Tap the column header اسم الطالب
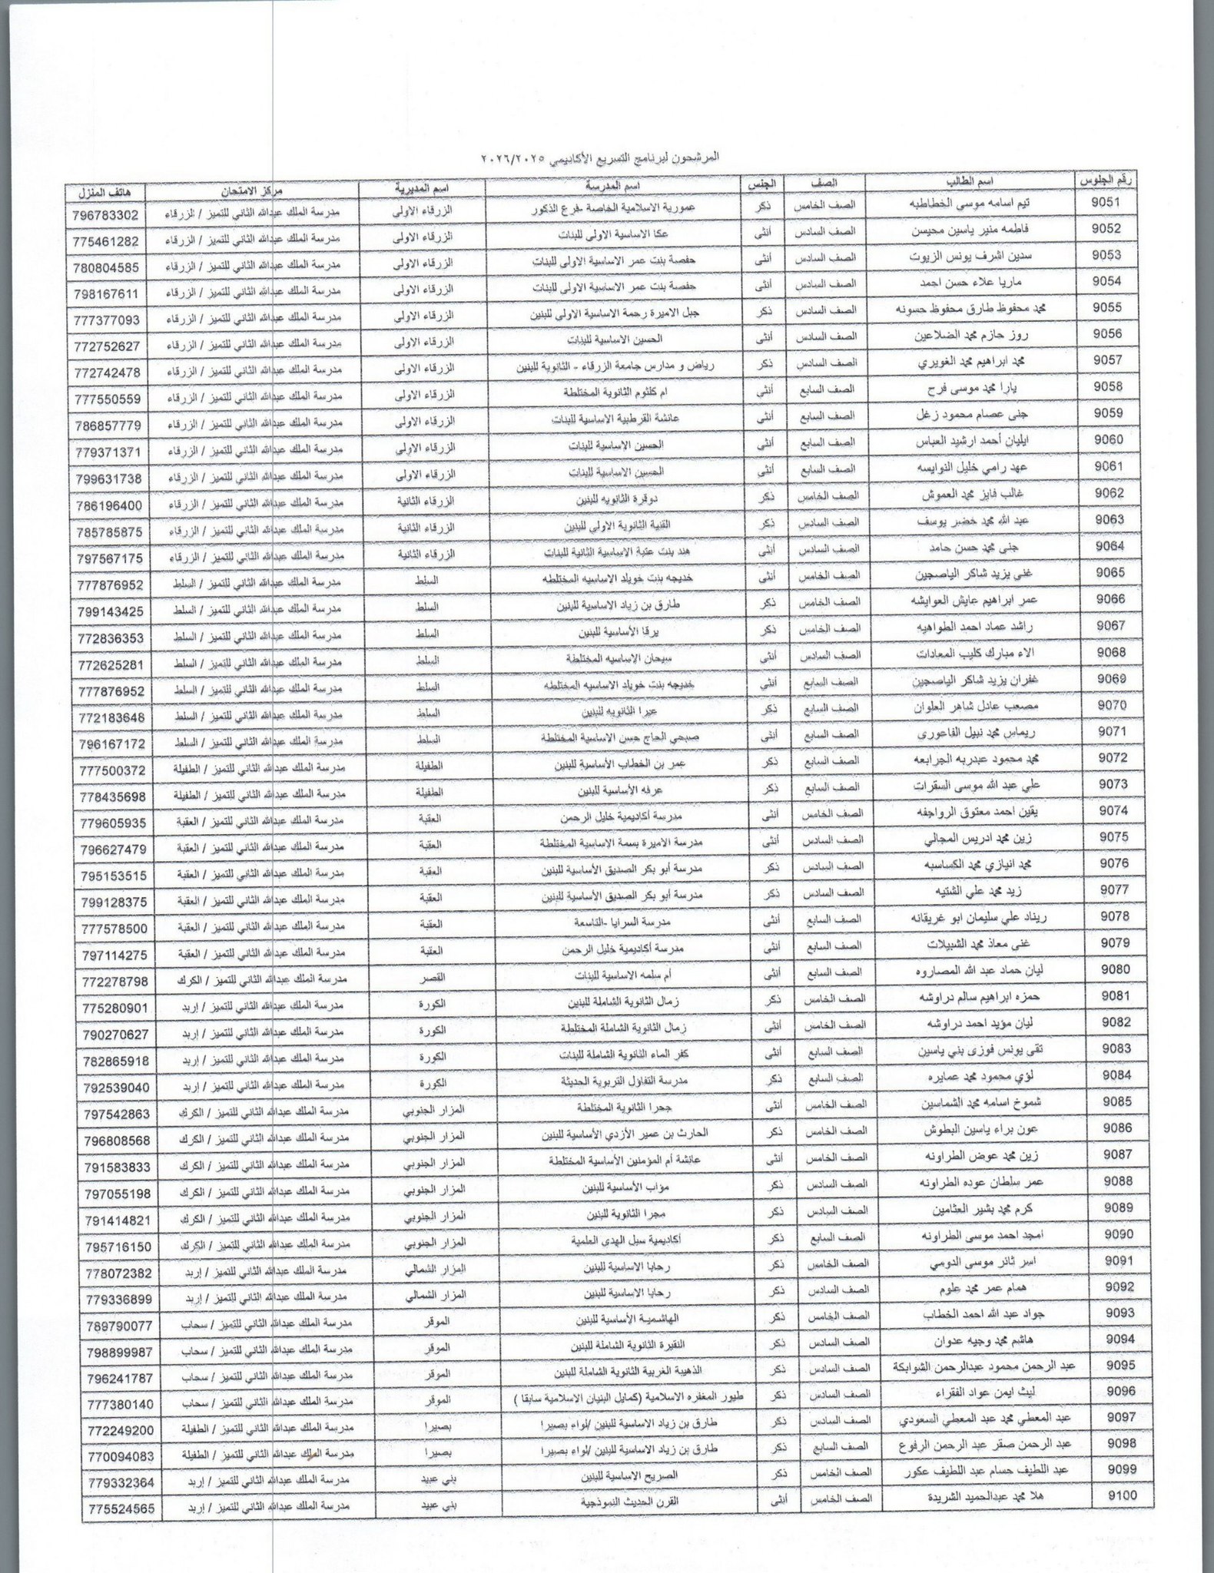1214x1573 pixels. (970, 183)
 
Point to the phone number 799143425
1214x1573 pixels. (113, 611)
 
